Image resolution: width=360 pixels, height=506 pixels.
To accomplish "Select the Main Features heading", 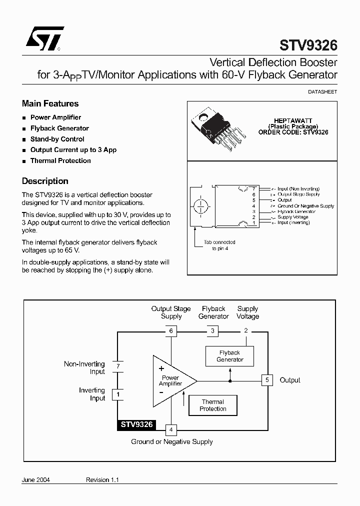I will coord(50,103).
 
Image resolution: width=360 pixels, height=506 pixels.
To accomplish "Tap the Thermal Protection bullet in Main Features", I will coord(60,160).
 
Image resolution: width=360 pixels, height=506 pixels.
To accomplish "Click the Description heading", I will coord(45,181).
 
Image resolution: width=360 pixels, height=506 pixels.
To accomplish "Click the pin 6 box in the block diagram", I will coord(171,330).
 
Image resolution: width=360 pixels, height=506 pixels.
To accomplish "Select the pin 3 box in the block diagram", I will coord(212,330).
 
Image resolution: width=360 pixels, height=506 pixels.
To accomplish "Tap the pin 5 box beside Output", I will coord(267,380).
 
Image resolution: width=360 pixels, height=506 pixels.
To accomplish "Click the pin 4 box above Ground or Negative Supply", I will coord(171,429).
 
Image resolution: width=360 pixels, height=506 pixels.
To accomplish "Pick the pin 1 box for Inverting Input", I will coord(118,394).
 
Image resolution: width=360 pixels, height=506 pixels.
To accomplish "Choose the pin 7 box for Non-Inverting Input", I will coord(118,366).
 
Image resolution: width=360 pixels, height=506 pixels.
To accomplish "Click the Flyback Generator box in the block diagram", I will coord(229,356).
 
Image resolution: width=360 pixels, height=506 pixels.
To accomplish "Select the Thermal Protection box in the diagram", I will coord(213,405).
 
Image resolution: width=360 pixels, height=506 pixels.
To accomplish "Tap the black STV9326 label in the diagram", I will coord(136,425).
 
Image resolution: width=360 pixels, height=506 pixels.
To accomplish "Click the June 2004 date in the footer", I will coord(36,479).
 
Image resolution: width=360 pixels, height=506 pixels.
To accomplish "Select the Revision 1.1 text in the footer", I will coord(102,479).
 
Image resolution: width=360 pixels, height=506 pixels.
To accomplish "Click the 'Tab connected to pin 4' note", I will coord(219,245).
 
